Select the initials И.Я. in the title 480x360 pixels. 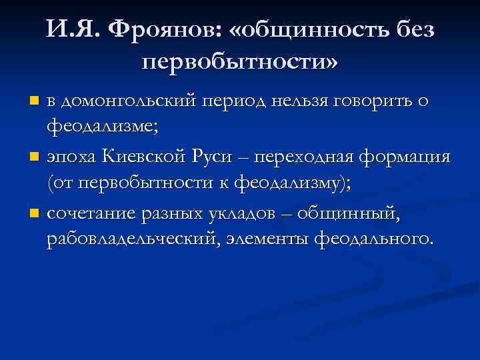(70, 29)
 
